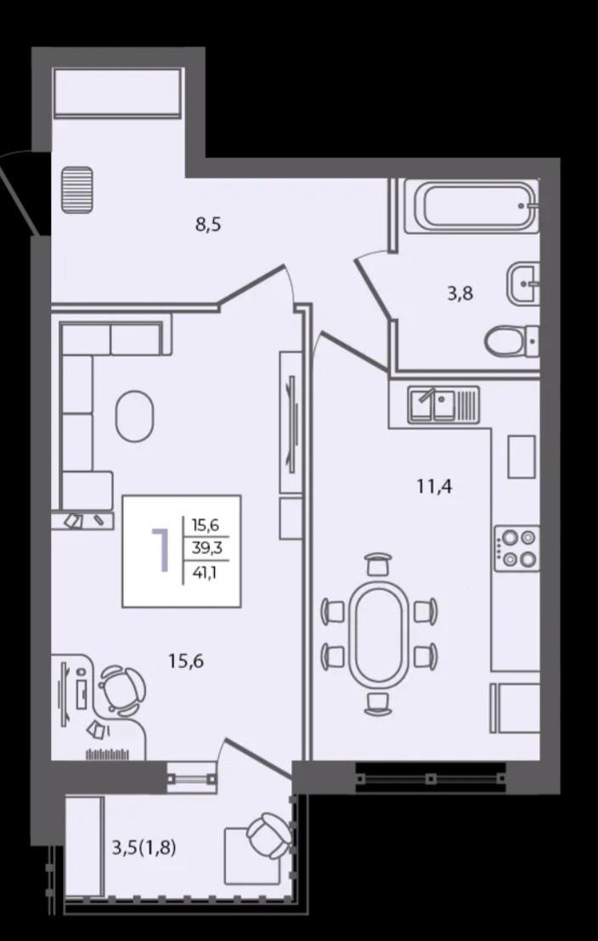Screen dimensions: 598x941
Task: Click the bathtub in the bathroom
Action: point(471,206)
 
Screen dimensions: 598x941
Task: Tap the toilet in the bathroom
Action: point(511,342)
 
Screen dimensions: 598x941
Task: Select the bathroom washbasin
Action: point(523,283)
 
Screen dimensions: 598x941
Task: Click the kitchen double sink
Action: point(443,405)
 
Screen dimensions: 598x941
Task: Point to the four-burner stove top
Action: point(517,548)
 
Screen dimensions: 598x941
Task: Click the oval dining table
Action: point(379,634)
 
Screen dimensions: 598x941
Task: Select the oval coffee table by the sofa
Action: point(134,416)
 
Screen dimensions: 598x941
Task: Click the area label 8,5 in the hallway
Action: point(208,225)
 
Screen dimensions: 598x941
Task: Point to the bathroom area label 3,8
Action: point(460,294)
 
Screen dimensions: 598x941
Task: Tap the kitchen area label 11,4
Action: point(434,485)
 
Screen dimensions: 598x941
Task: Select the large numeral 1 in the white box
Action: point(160,549)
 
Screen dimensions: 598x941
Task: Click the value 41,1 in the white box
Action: point(204,572)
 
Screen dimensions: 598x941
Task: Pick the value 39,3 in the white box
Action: point(205,548)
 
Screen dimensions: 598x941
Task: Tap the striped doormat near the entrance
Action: point(77,190)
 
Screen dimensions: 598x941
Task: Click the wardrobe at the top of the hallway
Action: point(117,93)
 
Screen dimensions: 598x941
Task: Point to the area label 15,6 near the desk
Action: point(187,660)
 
